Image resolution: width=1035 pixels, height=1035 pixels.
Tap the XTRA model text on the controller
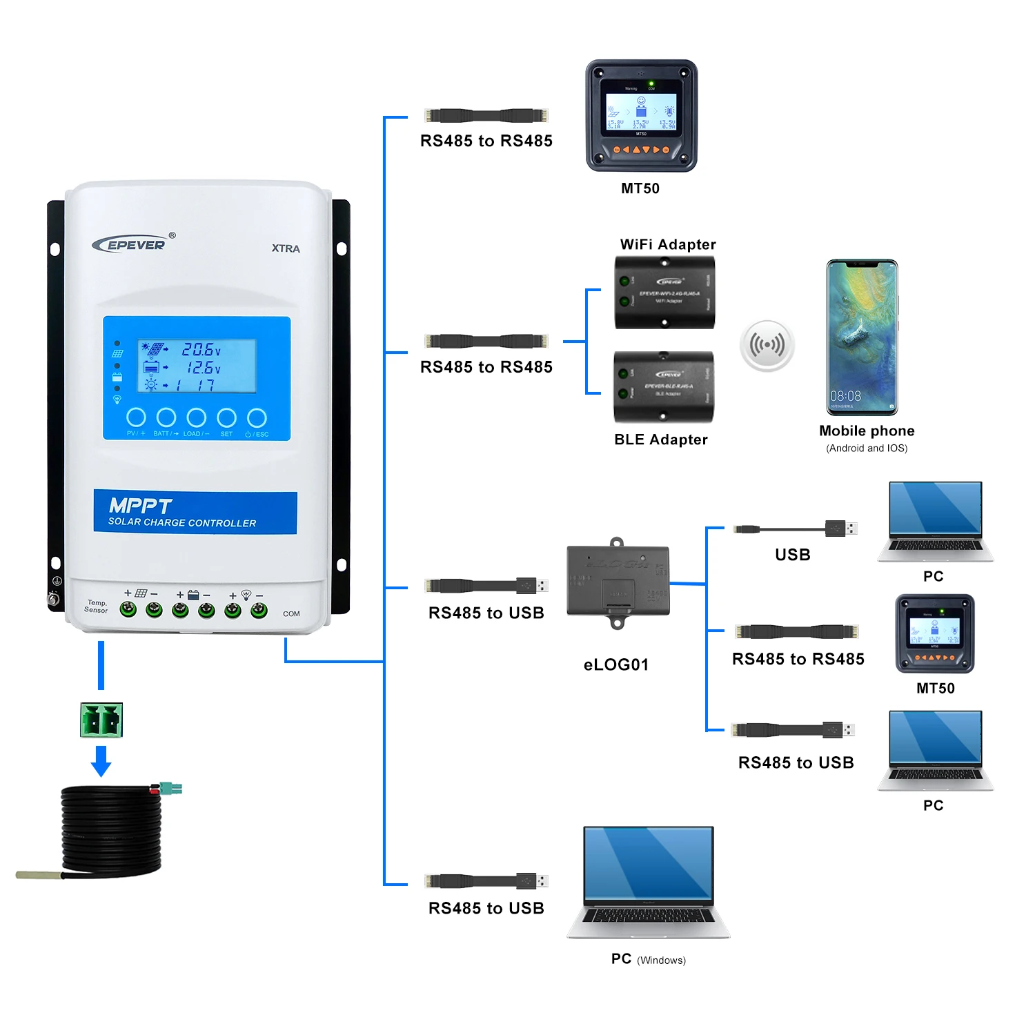pyautogui.click(x=286, y=248)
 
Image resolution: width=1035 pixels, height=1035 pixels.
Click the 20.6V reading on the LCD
pyautogui.click(x=200, y=350)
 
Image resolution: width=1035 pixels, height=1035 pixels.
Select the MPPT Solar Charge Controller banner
pyautogui.click(x=195, y=513)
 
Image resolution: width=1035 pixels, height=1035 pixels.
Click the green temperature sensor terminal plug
pyautogui.click(x=101, y=720)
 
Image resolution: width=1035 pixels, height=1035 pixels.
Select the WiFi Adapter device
pyautogui.click(x=664, y=293)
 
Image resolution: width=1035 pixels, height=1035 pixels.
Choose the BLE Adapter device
pyautogui.click(x=663, y=387)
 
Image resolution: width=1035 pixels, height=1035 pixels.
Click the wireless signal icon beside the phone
pyautogui.click(x=767, y=344)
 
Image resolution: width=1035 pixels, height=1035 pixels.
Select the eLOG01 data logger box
pyautogui.click(x=618, y=582)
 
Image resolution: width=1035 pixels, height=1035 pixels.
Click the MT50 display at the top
pyautogui.click(x=641, y=115)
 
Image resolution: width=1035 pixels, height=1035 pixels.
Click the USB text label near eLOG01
pyautogui.click(x=792, y=555)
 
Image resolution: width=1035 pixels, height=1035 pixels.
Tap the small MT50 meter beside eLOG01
pyautogui.click(x=935, y=633)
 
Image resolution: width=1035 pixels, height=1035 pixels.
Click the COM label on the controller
pyautogui.click(x=291, y=613)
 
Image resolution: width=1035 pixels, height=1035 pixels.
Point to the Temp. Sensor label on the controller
pyautogui.click(x=97, y=607)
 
